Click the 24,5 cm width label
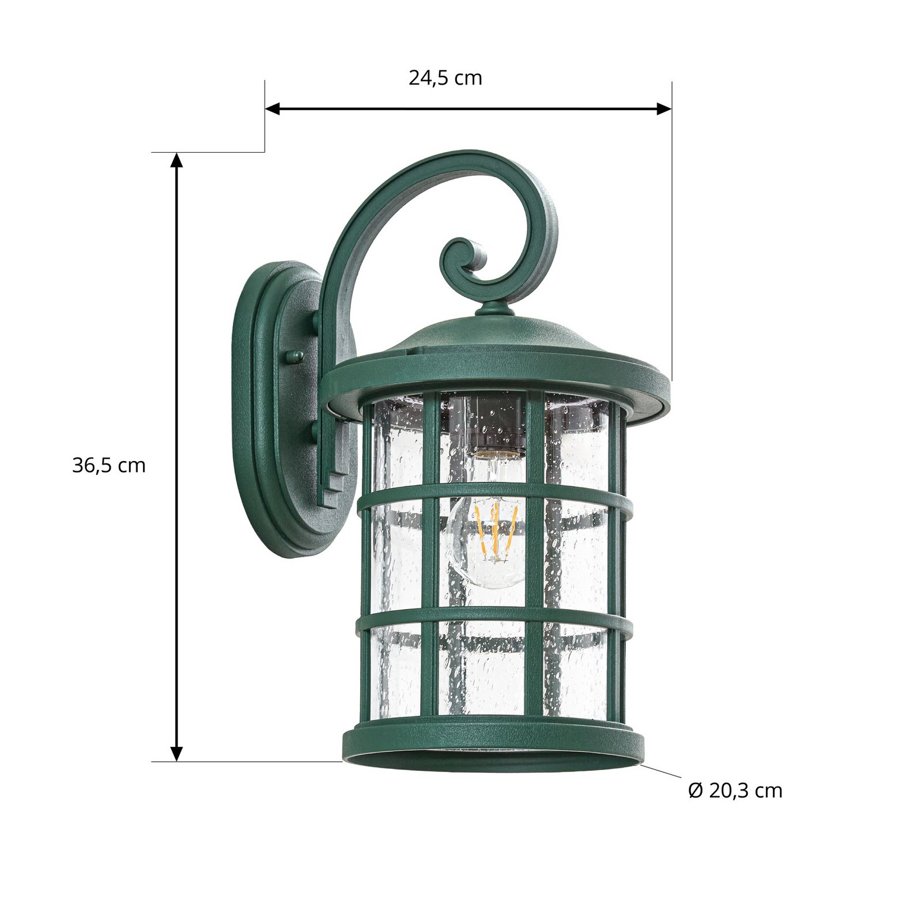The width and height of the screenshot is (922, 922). (445, 78)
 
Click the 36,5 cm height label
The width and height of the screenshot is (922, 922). (109, 465)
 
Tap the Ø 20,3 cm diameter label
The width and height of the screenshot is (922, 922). (735, 790)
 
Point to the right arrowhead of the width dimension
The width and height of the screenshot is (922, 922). (664, 108)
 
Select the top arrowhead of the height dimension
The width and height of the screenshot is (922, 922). (177, 160)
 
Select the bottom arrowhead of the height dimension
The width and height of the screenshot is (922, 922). (177, 754)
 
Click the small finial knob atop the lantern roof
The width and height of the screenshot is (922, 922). (494, 310)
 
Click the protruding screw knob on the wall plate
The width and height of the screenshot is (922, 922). (294, 357)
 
